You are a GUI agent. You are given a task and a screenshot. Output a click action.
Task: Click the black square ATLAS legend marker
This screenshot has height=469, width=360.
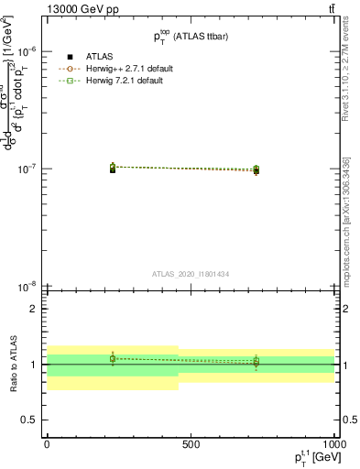pyautogui.click(x=70, y=57)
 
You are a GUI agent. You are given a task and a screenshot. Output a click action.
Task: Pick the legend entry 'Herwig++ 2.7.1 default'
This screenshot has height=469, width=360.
pyautogui.click(x=127, y=69)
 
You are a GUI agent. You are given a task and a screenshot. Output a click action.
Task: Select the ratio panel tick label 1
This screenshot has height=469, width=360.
pyautogui.click(x=34, y=365)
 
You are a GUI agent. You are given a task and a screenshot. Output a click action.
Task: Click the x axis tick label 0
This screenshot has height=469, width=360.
pyautogui.click(x=47, y=443)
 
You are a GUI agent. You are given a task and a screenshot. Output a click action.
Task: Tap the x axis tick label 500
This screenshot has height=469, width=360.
pyautogui.click(x=191, y=443)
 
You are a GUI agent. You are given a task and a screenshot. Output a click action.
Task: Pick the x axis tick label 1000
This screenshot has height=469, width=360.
pyautogui.click(x=332, y=443)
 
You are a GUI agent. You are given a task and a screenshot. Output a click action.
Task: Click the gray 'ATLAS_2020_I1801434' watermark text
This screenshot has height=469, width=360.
pyautogui.click(x=191, y=273)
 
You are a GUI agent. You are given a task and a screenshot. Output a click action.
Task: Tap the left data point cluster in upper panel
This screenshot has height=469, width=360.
pyautogui.click(x=112, y=168)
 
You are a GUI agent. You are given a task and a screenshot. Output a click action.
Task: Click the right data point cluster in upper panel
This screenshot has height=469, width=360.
pyautogui.click(x=256, y=169)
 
